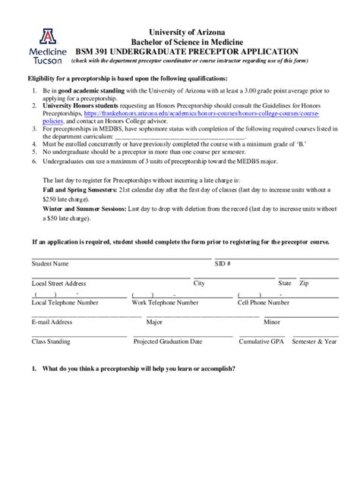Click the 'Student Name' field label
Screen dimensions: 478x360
click(50, 264)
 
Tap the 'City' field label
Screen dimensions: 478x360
click(200, 283)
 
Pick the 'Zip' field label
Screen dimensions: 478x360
click(304, 283)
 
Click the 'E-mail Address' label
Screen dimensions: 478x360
click(52, 322)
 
